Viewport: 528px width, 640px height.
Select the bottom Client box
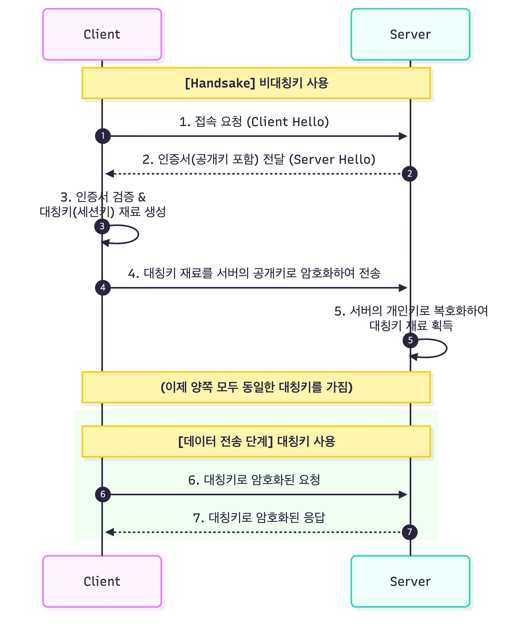coord(102,581)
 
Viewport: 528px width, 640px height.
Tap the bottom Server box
coord(410,581)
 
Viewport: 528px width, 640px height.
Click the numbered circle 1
coord(103,136)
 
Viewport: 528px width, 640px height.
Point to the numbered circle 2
coord(410,174)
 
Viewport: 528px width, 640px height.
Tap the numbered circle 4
coord(103,288)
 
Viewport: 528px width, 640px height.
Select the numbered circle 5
coord(410,340)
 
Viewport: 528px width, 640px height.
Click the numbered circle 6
coord(103,495)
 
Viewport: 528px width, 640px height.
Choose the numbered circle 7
coord(410,532)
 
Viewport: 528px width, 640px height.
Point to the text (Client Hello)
coord(288,122)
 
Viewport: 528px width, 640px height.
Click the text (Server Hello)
coord(332,160)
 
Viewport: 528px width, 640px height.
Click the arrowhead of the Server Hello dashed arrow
coord(109,174)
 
